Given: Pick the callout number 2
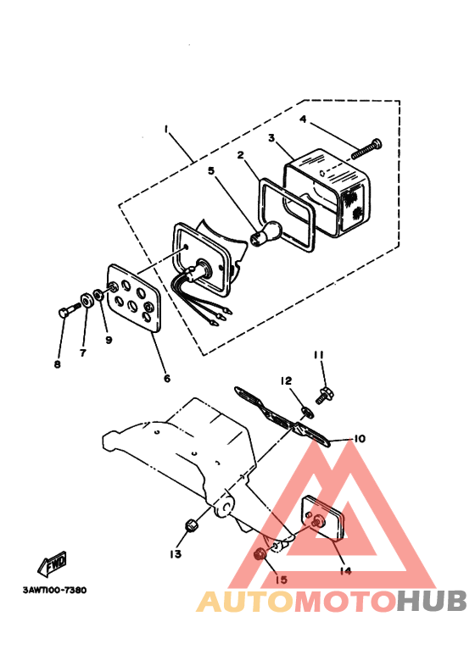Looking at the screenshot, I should [x=240, y=155].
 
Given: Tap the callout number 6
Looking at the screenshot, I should [x=166, y=378].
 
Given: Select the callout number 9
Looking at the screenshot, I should [x=109, y=340].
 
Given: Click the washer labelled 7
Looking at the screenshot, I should [x=87, y=300].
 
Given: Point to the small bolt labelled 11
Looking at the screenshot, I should [x=323, y=393].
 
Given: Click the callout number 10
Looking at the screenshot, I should [x=359, y=439].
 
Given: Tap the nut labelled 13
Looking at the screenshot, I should [x=191, y=523].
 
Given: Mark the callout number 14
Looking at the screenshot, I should [x=345, y=570].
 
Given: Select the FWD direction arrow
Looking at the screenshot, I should [x=53, y=562].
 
